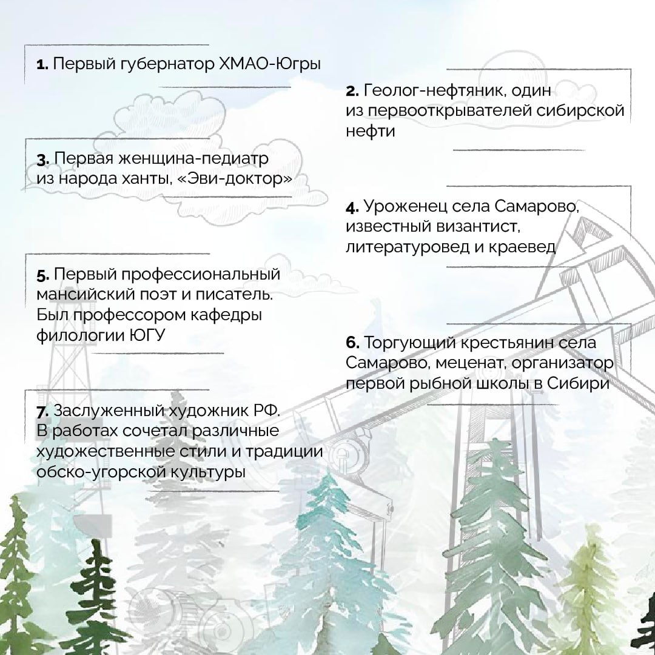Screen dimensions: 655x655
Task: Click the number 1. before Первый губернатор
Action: (42, 65)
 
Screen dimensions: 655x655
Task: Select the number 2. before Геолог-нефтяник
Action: (352, 91)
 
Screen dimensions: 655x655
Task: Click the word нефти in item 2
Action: (370, 131)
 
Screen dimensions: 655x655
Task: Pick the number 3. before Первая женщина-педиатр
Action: (43, 160)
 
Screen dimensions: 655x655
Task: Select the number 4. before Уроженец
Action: (352, 207)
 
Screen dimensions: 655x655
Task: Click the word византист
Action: (478, 227)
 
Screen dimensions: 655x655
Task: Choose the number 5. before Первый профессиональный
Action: (43, 275)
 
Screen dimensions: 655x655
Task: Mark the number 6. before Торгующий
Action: (352, 343)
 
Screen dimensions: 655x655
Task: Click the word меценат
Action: (471, 363)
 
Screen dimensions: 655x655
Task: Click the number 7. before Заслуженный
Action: (43, 411)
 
